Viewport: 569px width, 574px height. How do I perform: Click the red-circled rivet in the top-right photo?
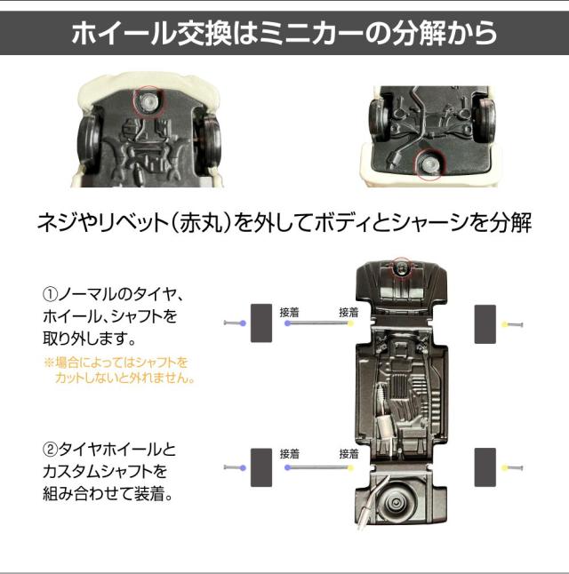pos(429,164)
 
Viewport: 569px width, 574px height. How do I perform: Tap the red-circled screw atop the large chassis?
pos(401,267)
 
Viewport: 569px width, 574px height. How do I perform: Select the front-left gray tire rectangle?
pos(261,323)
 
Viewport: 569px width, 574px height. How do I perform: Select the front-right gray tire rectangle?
pos(485,324)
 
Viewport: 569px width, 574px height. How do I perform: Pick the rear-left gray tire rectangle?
pos(261,467)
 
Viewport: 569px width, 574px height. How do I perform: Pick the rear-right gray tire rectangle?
pos(485,467)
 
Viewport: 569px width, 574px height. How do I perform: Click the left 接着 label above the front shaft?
pos(290,312)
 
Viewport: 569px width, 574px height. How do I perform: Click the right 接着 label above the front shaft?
pos(349,312)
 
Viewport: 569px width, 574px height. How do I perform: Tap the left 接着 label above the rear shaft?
pos(290,454)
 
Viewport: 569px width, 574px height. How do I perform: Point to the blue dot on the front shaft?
pos(288,323)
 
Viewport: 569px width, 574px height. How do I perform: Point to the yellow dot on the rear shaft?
pos(350,467)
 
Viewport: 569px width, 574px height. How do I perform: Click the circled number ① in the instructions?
pos(50,294)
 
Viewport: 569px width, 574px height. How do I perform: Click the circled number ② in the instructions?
pos(50,450)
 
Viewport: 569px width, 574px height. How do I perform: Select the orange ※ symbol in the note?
pos(49,363)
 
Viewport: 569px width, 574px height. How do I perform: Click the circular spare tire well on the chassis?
pos(397,503)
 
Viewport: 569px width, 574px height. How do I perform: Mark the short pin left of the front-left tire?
pos(235,323)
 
